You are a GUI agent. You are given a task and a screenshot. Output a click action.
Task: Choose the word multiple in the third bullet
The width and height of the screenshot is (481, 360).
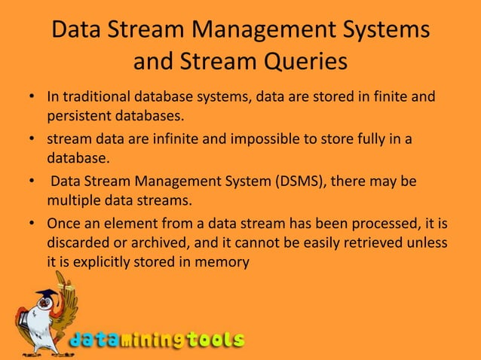pos(72,201)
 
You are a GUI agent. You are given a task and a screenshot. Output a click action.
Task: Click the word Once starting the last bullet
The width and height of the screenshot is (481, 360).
pos(64,224)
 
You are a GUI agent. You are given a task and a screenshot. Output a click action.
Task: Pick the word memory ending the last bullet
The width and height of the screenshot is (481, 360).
pos(225,261)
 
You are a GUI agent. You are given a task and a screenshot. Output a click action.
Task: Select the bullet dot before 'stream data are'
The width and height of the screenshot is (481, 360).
pos(31,141)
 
